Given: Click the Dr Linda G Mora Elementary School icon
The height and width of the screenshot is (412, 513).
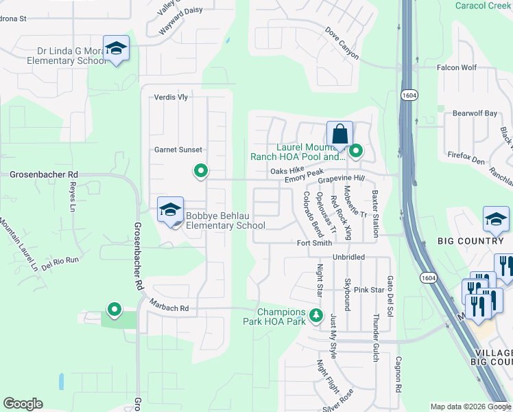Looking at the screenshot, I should (x=117, y=48).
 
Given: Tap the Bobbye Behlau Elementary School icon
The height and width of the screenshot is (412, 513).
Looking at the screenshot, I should (x=170, y=210).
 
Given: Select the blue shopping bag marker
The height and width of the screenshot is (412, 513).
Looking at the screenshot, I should (x=339, y=134).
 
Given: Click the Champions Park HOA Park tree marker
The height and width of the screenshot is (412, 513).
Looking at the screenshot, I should (x=316, y=316).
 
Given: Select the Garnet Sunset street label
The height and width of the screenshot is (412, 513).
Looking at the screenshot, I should (x=178, y=150).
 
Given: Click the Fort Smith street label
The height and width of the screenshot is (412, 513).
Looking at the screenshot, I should (x=314, y=243).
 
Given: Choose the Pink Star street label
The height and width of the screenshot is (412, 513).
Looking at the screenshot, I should (x=369, y=290).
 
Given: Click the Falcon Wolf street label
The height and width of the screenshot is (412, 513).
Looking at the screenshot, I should (x=457, y=67).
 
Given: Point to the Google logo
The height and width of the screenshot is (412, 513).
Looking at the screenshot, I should (x=23, y=404).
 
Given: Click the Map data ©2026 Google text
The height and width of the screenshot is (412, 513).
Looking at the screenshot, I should (x=470, y=407).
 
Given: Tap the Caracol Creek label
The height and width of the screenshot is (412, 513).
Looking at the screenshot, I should (x=484, y=5).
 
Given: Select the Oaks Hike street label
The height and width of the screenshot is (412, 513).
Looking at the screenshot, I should (x=287, y=170).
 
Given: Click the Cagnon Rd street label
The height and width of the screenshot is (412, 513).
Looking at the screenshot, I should (x=398, y=374).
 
